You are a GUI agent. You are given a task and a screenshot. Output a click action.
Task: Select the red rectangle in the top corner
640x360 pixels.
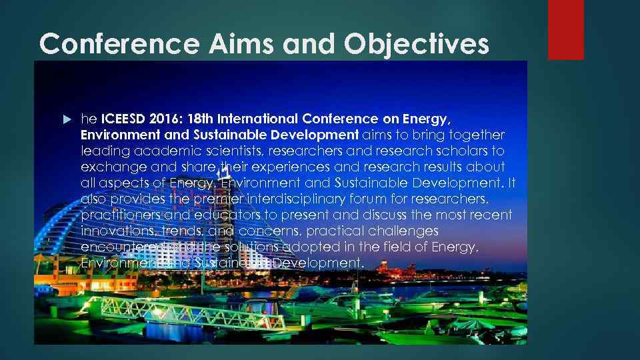pos(565,29)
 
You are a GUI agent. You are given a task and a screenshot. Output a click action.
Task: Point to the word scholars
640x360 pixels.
pos(479,151)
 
